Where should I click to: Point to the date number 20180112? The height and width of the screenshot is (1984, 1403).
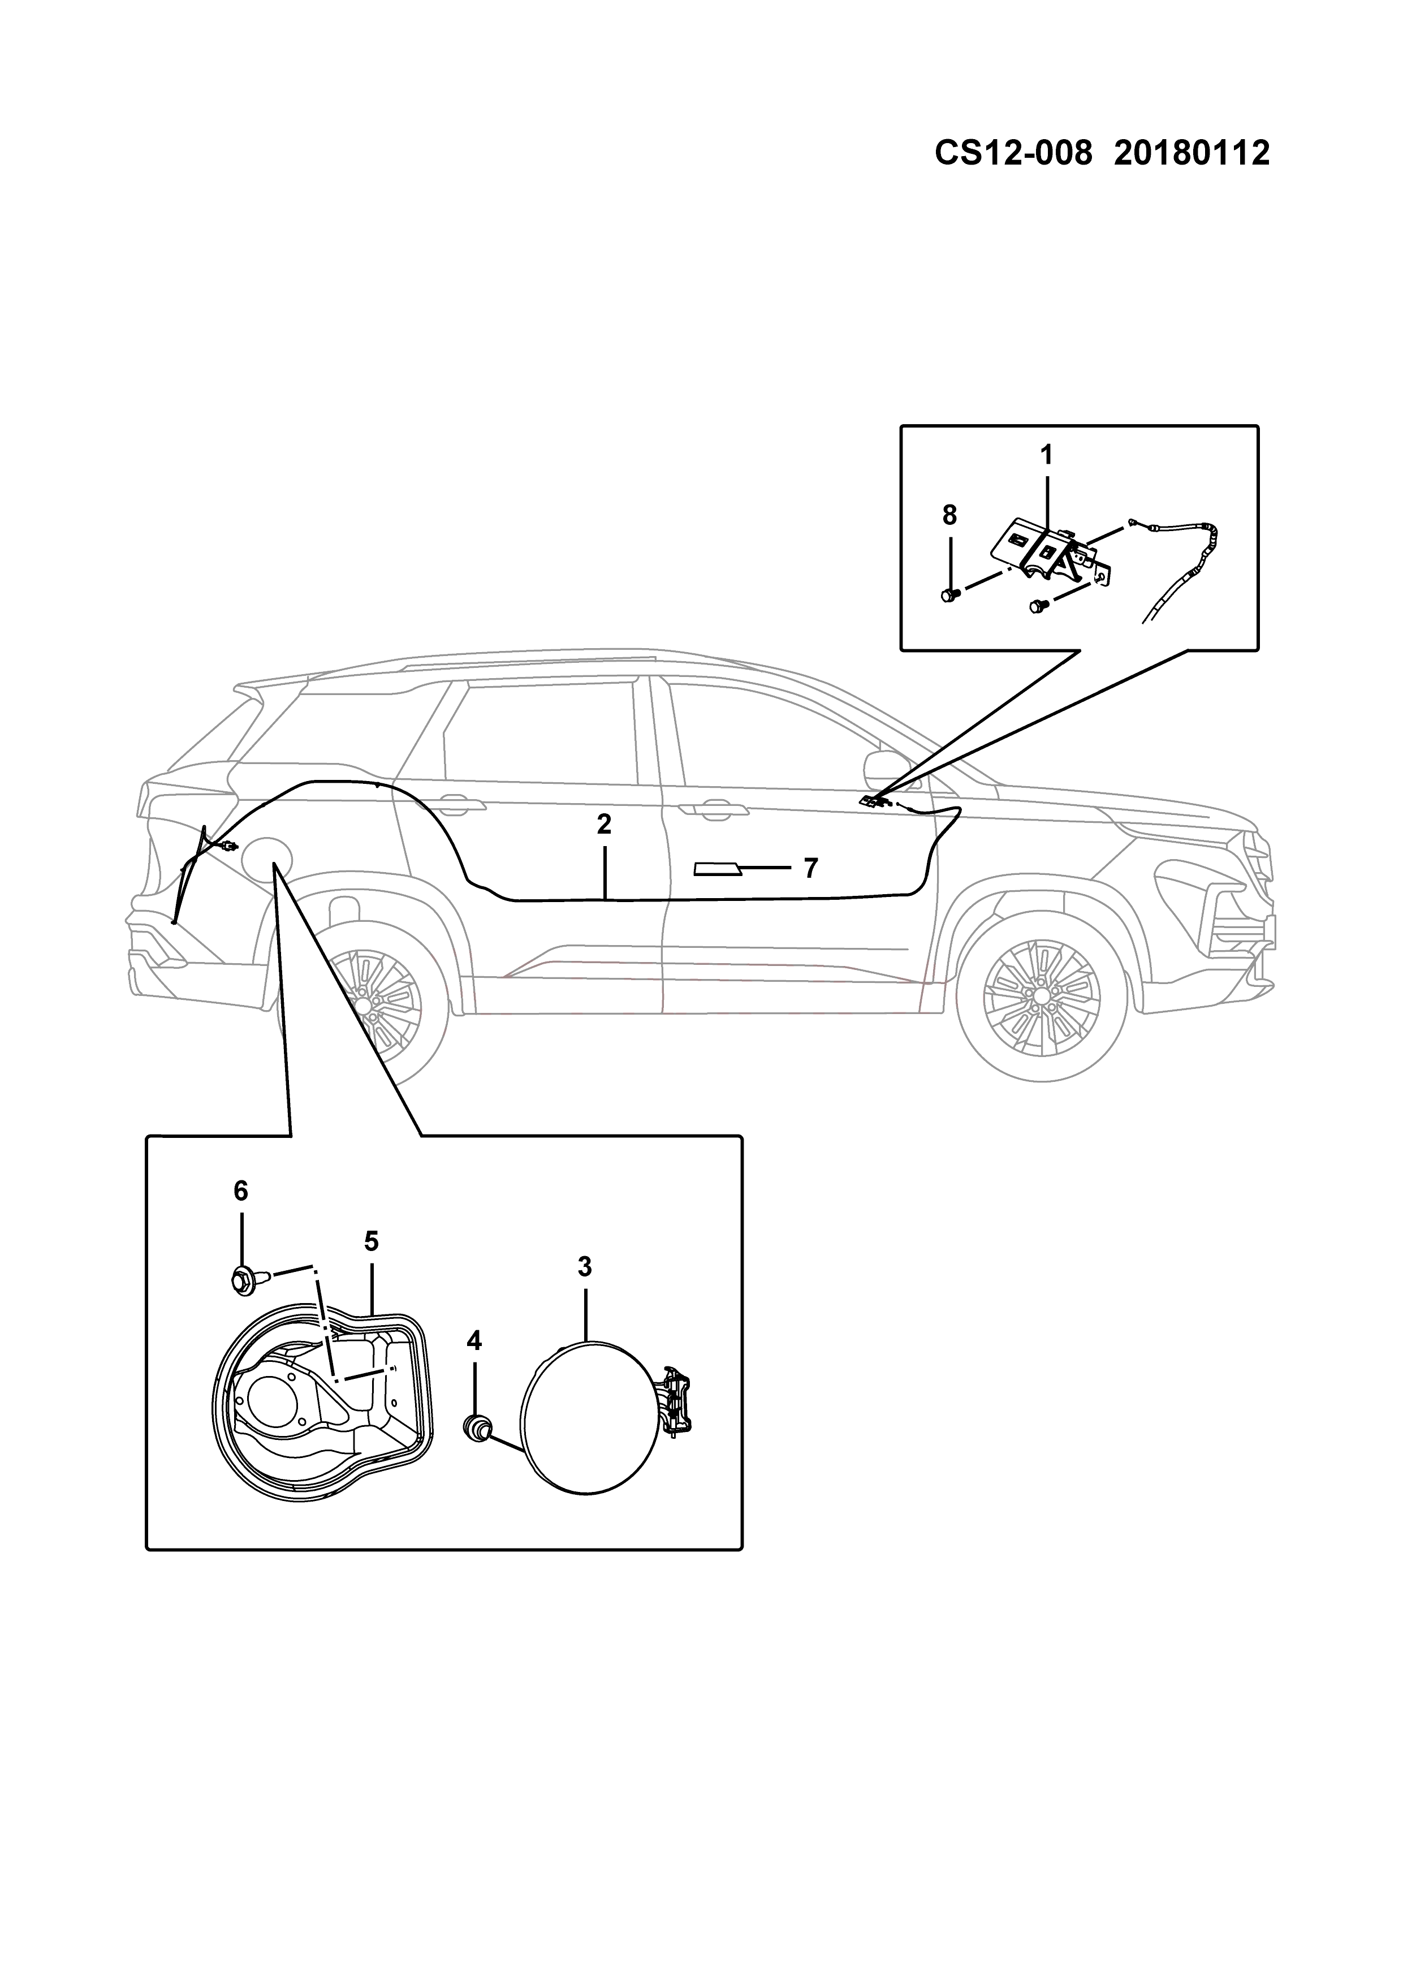(1192, 154)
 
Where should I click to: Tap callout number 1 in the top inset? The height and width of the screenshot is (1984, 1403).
(1046, 455)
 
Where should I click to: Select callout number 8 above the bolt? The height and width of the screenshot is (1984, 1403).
(949, 515)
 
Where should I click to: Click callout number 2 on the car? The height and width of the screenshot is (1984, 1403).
(604, 825)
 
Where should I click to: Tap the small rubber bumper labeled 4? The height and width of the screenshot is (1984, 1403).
(476, 1429)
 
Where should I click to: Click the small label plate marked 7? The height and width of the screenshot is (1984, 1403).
(717, 868)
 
